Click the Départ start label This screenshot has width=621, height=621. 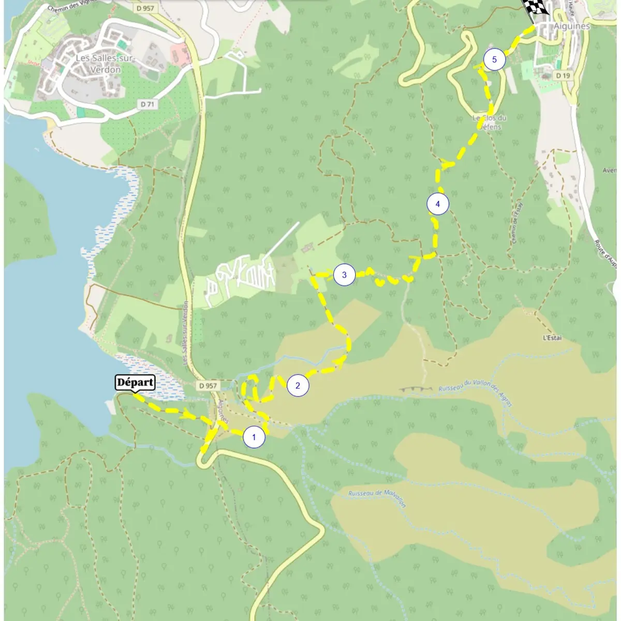click(135, 383)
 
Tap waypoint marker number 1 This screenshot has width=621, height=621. click(254, 437)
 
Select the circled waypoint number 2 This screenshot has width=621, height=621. click(298, 386)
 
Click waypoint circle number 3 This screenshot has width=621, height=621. click(344, 275)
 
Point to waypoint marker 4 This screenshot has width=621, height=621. click(437, 204)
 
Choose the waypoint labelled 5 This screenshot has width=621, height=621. click(494, 60)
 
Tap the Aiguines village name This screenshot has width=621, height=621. click(571, 26)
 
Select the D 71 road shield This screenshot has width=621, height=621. click(147, 104)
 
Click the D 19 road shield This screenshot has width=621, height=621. click(563, 76)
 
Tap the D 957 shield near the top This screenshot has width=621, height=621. click(146, 9)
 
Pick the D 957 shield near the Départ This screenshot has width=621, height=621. click(208, 386)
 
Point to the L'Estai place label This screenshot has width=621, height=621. click(552, 338)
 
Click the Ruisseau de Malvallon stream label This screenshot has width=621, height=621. click(377, 498)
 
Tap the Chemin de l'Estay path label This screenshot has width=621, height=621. click(516, 223)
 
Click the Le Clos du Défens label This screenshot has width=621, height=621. click(489, 122)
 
